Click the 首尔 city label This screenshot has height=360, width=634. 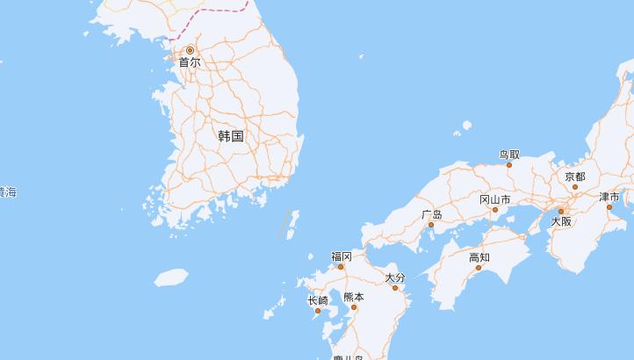point(190,62)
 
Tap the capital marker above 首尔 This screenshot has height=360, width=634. point(190,50)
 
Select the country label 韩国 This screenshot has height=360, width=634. point(231,136)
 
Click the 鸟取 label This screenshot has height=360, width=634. point(509,155)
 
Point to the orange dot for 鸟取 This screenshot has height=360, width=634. point(509,165)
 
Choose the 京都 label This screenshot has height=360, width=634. point(575,176)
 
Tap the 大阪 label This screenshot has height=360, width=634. point(561,222)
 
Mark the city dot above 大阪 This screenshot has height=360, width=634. point(561,212)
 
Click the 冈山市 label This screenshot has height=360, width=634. point(494,200)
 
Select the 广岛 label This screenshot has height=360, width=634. point(431,214)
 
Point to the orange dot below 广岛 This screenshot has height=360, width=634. point(431,225)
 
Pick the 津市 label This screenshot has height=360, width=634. point(609,198)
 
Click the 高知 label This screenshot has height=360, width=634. point(479,257)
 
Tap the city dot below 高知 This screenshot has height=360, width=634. point(479,268)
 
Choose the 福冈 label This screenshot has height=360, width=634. point(342,256)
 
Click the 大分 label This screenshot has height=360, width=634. point(395,277)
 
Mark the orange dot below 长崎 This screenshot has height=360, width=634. point(318,311)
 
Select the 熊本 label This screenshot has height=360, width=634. point(354,297)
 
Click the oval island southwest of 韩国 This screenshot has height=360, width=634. point(171,277)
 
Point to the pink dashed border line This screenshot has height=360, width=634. point(220,11)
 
